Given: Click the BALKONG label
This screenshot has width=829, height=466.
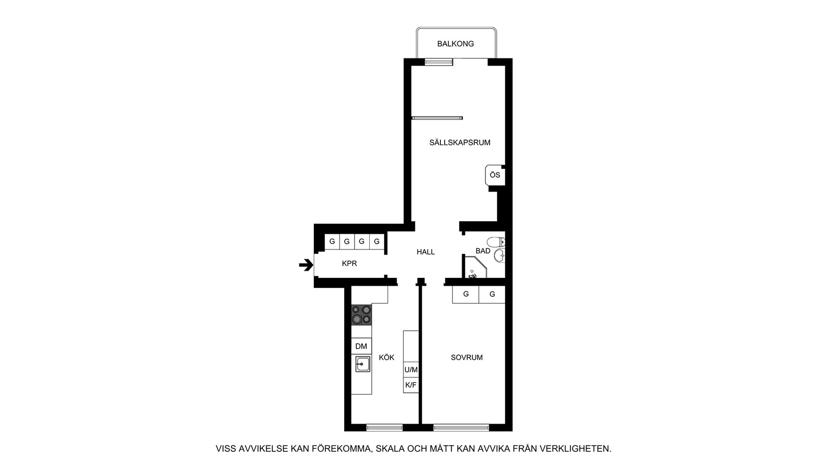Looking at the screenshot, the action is pyautogui.click(x=456, y=44).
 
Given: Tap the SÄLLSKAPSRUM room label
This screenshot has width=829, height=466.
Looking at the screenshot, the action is pyautogui.click(x=460, y=142).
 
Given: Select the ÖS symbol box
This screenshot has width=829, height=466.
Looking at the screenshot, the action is pyautogui.click(x=495, y=175).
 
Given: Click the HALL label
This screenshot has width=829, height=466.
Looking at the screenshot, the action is pyautogui.click(x=426, y=252).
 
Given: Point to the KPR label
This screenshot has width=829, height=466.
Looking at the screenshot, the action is pyautogui.click(x=349, y=263).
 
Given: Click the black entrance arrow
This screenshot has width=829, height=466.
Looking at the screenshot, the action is pyautogui.click(x=306, y=265).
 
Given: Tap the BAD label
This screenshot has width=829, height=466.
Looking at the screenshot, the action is pyautogui.click(x=483, y=251).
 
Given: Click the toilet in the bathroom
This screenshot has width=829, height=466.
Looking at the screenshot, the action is pyautogui.click(x=495, y=241).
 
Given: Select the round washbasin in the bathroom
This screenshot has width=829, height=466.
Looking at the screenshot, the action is pyautogui.click(x=499, y=255).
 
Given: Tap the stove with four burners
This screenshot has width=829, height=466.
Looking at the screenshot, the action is pyautogui.click(x=361, y=315).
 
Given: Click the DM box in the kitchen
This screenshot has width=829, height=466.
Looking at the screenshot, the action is pyautogui.click(x=361, y=346).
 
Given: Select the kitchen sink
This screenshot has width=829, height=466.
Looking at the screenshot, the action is pyautogui.click(x=362, y=364).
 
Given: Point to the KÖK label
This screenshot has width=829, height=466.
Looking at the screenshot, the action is pyautogui.click(x=386, y=358).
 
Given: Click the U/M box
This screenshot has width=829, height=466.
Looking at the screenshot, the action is pyautogui.click(x=411, y=370).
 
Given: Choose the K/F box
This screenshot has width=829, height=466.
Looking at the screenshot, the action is pyautogui.click(x=411, y=385).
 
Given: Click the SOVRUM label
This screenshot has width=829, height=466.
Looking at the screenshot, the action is pyautogui.click(x=467, y=357).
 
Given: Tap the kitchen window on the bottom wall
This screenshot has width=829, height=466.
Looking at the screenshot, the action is pyautogui.click(x=384, y=428).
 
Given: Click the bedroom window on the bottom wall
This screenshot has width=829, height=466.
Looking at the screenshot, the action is pyautogui.click(x=461, y=428).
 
